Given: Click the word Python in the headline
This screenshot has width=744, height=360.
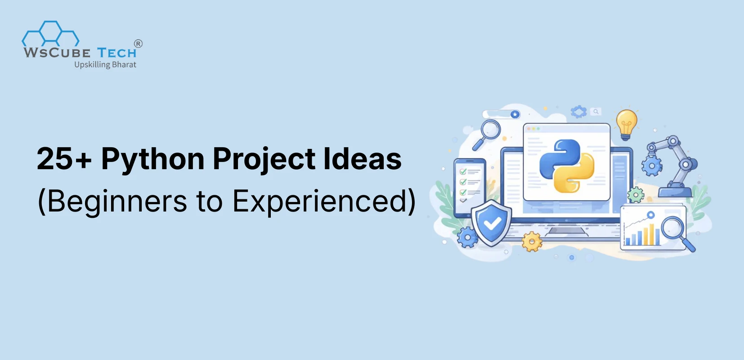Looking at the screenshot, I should (x=152, y=160).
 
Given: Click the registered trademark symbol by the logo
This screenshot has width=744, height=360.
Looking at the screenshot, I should (x=139, y=44).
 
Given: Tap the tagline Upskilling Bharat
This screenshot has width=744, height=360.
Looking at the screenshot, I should (x=105, y=65).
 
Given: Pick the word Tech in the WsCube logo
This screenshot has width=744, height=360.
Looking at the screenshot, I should (x=117, y=53).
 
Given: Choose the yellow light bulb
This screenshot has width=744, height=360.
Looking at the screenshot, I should (x=626, y=122).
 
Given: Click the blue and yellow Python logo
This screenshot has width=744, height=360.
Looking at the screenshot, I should (x=567, y=165).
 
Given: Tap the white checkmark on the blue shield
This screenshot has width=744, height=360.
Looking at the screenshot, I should (x=492, y=223).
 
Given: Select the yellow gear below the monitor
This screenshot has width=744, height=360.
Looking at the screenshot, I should (x=532, y=242).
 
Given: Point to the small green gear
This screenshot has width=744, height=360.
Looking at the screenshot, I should (x=636, y=195).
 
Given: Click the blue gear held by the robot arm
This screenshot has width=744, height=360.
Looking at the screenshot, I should (x=651, y=166).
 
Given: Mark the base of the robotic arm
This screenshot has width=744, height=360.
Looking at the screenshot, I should (x=675, y=192).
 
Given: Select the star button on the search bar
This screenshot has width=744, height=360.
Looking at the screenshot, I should (x=515, y=114).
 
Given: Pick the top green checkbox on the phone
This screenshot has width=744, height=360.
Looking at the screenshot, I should (x=463, y=172).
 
